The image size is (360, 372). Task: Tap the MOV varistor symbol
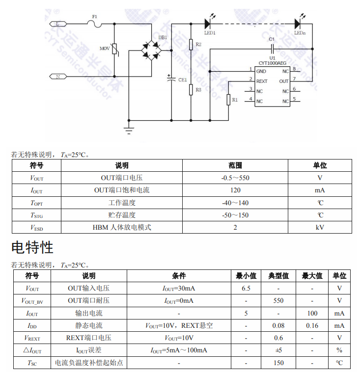[x=114, y=49]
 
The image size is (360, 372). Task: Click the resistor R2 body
[x=191, y=45]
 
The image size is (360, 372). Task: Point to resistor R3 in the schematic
[x=191, y=90]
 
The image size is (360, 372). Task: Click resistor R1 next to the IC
[x=228, y=100]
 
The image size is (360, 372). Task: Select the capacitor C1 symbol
[x=272, y=49]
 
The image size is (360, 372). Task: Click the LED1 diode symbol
[x=207, y=23]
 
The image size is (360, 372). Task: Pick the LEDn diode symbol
[x=298, y=23]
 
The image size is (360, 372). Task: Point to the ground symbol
[x=129, y=130]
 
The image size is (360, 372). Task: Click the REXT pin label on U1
[x=262, y=81]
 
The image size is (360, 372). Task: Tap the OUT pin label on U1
[x=284, y=81]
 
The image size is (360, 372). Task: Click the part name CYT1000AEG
[x=273, y=63]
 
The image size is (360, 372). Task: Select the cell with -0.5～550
[x=235, y=178]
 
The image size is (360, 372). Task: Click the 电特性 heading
[x=32, y=247]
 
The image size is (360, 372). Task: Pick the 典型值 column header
[x=278, y=276]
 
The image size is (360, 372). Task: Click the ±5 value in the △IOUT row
[x=278, y=350]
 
